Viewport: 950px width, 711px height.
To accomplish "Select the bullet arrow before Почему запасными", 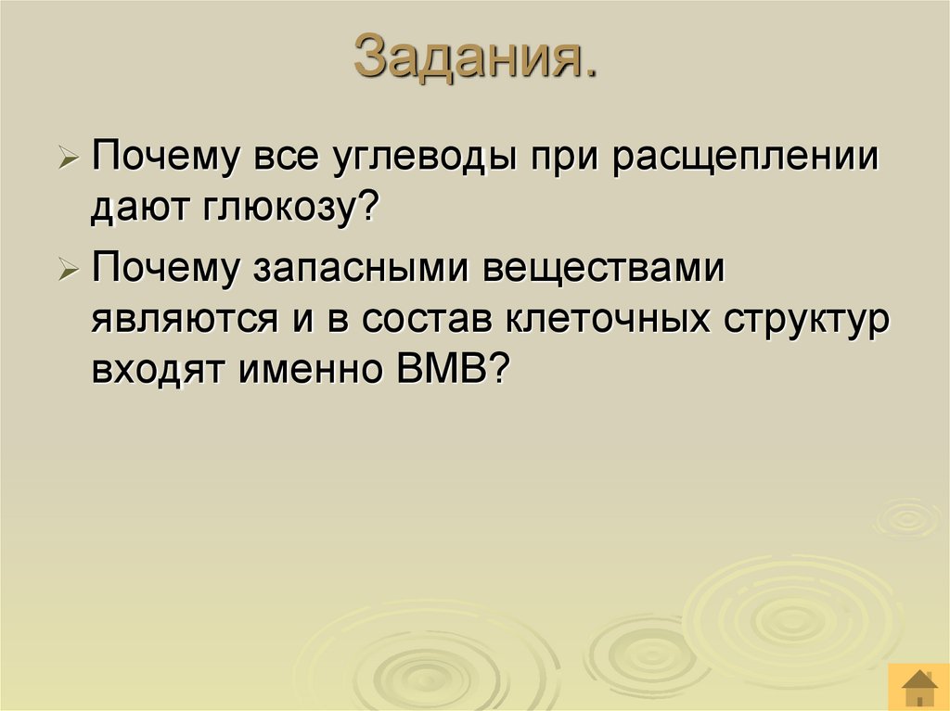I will pyautogui.click(x=70, y=272).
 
